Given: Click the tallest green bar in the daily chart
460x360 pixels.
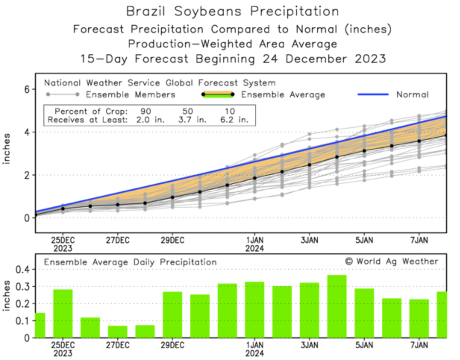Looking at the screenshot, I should point(337,306).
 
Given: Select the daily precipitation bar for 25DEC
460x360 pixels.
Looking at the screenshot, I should point(63,313).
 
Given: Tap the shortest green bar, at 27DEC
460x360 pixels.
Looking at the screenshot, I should point(118,332).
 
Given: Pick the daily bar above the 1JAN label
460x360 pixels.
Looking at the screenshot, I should point(254,310).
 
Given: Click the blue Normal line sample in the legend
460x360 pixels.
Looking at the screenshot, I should point(373,95).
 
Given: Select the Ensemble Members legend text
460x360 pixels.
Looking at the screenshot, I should point(130,95).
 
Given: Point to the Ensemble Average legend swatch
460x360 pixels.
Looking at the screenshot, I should point(218,95).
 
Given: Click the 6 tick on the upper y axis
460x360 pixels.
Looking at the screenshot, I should point(26,90).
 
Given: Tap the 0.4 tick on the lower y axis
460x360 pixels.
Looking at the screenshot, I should point(22,269).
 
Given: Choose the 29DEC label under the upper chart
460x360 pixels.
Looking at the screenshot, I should point(172,240).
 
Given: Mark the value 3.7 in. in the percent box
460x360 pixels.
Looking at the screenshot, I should point(192,120).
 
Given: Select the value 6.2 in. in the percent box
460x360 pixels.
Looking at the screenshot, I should point(234,120).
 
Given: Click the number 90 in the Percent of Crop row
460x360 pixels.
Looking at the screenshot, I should point(145,111).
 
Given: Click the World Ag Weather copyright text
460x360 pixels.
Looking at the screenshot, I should point(391,262).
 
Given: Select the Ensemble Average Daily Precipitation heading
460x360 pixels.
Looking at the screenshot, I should point(130,262).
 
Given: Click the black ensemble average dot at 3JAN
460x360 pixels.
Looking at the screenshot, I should point(309,165).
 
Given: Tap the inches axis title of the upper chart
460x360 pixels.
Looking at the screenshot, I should point(7,148).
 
